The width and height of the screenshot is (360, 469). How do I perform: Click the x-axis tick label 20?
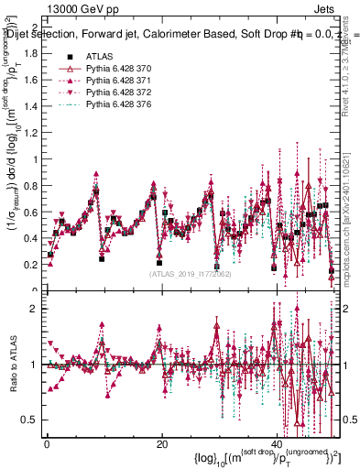[x=162, y=443]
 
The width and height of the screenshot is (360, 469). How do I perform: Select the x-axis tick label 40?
[x=278, y=443]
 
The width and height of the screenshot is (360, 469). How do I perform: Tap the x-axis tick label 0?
[x=47, y=443]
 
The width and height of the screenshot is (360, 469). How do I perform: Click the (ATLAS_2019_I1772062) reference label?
[x=190, y=274]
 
